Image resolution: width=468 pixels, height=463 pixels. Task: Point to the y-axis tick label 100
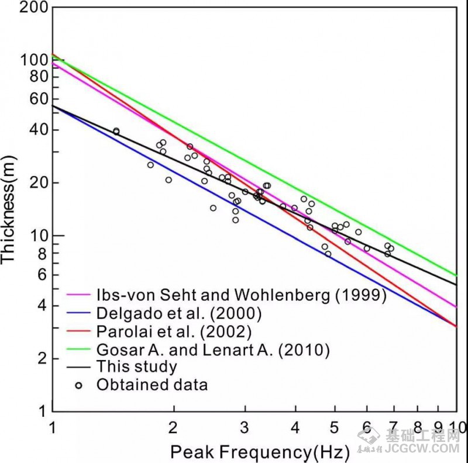(x=33, y=60)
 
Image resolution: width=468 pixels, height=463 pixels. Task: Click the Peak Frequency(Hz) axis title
(x=260, y=452)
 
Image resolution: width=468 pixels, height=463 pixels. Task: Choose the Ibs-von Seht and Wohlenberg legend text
(x=242, y=295)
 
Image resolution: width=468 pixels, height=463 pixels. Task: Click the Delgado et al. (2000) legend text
(x=179, y=313)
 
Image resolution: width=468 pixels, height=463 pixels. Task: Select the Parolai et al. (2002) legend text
(x=174, y=331)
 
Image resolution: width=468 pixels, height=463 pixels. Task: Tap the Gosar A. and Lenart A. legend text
(x=214, y=350)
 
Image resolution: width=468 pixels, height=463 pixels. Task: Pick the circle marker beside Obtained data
(x=78, y=385)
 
